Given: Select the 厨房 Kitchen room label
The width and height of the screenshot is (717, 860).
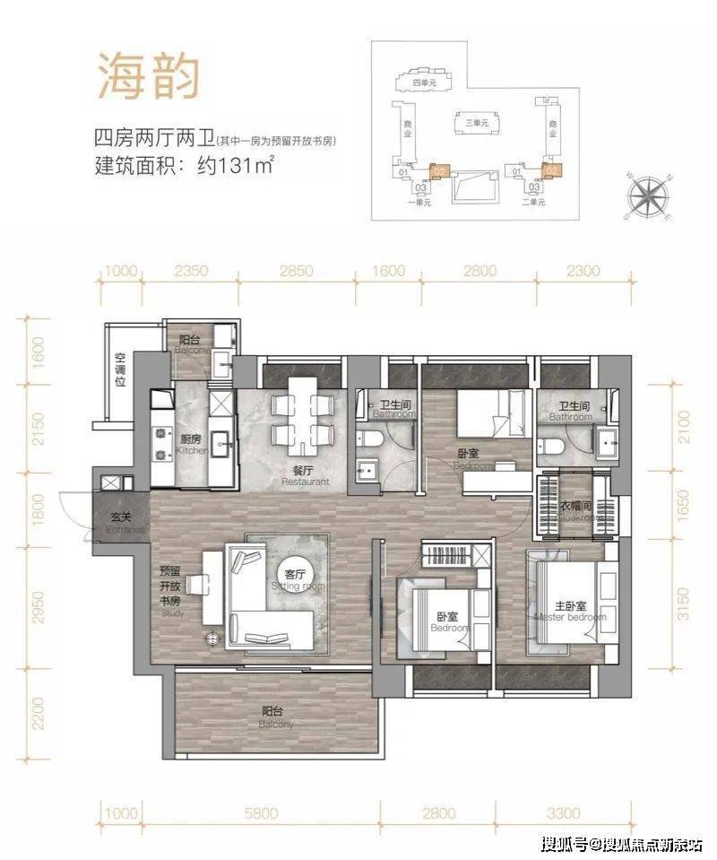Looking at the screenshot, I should coord(190,445).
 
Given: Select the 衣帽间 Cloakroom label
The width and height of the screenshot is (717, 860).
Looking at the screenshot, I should coord(574,511).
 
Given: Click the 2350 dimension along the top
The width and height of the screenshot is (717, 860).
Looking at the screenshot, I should coord(190,270).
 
